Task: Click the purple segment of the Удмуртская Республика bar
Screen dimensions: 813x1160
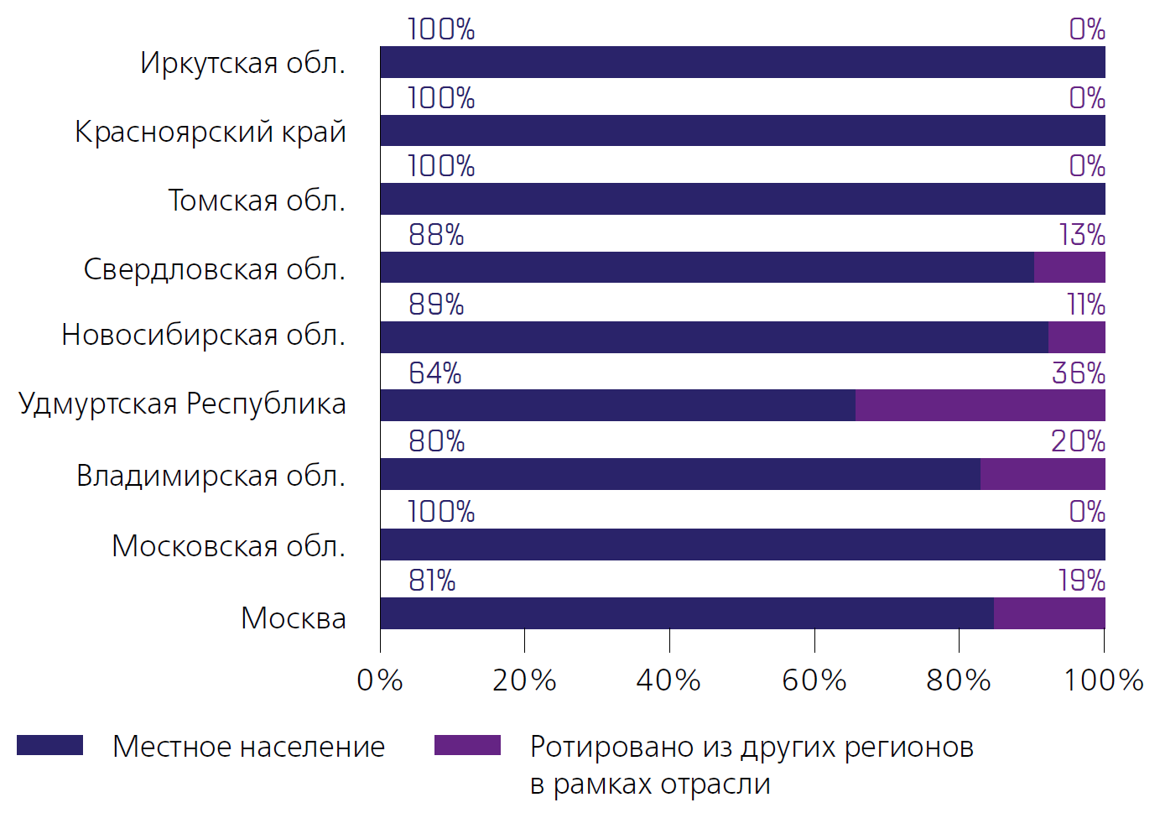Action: [x=980, y=405]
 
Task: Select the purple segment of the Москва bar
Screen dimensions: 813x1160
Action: [x=1049, y=613]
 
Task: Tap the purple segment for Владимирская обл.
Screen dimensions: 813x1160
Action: [x=1043, y=474]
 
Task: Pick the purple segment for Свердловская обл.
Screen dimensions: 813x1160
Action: [x=1069, y=268]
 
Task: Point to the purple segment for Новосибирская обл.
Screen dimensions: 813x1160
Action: [x=1076, y=337]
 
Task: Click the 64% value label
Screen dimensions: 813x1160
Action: [x=435, y=373]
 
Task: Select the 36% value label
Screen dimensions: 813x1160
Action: [x=1078, y=373]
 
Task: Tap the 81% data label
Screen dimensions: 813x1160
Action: [x=432, y=581]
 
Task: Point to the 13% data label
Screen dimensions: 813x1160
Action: [x=1082, y=236]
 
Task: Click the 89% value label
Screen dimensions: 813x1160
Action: [x=436, y=305]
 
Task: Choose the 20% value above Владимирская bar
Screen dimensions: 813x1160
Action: [x=1078, y=441]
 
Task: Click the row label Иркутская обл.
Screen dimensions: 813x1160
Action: [x=243, y=63]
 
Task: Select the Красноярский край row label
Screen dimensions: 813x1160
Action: [x=211, y=132]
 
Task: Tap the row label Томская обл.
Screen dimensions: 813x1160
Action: [x=257, y=201]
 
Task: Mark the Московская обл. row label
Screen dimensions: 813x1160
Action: [x=228, y=546]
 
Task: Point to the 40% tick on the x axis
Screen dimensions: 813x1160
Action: [x=668, y=680]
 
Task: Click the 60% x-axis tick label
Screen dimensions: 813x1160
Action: [x=814, y=680]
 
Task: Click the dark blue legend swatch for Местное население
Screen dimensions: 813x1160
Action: [x=49, y=745]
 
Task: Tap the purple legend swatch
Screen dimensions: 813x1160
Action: [x=467, y=745]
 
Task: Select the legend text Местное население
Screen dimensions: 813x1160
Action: [x=248, y=747]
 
